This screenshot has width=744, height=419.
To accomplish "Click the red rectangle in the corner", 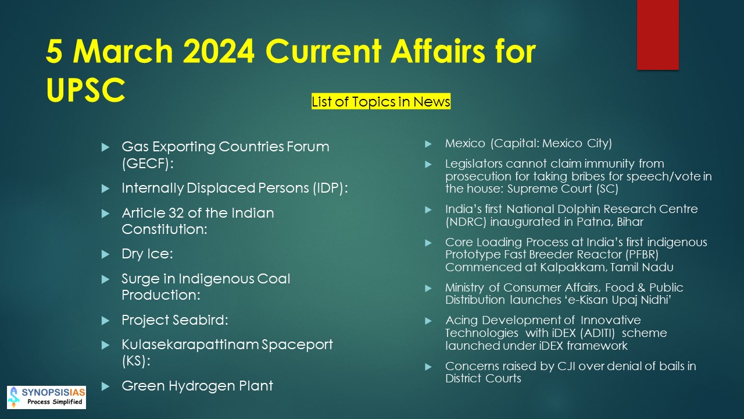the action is tap(657, 34).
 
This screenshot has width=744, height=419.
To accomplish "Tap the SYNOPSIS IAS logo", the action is tap(46, 397).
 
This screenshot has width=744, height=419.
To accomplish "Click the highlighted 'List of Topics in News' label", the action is tap(381, 101).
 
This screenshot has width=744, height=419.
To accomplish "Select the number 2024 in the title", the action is tap(219, 51).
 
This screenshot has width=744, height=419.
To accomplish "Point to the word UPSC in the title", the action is tap(85, 90).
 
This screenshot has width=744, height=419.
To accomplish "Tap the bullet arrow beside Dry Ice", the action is tap(105, 254).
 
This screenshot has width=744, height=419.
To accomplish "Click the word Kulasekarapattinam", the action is tap(190, 345).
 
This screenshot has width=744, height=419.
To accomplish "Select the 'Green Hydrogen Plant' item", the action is tap(197, 386).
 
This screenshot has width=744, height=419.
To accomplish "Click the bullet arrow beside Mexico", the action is tap(428, 144).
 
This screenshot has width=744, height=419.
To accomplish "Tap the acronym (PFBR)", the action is tap(642, 254).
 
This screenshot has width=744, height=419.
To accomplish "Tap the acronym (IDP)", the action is tap(329, 188).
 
